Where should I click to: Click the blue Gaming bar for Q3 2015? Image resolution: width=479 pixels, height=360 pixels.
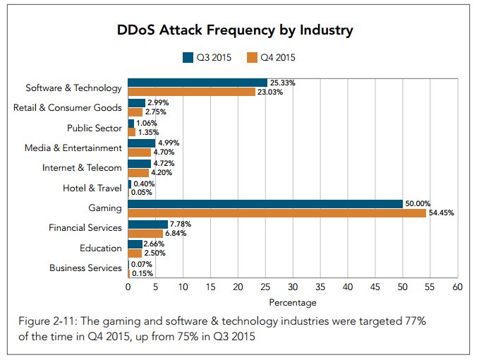[265, 204]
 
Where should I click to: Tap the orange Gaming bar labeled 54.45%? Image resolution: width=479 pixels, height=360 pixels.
[277, 213]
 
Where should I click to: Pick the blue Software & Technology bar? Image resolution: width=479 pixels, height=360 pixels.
[197, 83]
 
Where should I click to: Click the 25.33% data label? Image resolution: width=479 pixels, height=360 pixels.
[282, 83]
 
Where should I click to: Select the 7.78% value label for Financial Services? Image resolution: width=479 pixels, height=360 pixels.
[181, 224]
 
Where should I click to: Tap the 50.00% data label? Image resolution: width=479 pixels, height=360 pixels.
[417, 203]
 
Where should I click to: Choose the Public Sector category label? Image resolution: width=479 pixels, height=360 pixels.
[94, 128]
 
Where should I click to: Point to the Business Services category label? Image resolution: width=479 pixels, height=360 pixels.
[85, 268]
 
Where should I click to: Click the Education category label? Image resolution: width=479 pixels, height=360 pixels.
[101, 248]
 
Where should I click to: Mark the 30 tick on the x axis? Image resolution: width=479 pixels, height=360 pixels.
[293, 287]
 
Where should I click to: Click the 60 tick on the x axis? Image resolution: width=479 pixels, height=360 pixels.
[457, 287]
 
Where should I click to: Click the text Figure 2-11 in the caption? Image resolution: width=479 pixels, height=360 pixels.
[47, 322]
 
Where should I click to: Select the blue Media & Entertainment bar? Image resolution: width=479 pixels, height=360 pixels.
[141, 143]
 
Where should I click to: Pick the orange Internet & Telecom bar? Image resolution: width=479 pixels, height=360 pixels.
[138, 173]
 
